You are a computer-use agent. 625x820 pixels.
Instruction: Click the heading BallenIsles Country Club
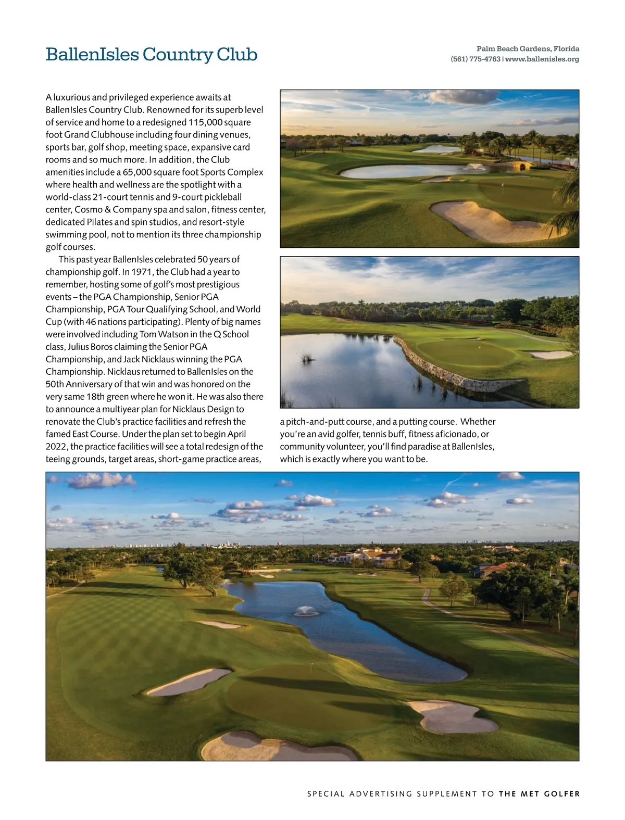[151, 54]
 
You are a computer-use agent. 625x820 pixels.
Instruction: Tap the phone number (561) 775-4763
[475, 59]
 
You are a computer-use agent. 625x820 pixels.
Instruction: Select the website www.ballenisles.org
[542, 59]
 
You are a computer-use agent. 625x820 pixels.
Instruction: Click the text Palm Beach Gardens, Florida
[528, 48]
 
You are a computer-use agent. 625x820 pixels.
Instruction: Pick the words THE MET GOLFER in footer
[539, 794]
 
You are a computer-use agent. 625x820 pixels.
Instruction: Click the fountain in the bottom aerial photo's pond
[307, 610]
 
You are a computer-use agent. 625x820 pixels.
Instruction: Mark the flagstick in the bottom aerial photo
[311, 665]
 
